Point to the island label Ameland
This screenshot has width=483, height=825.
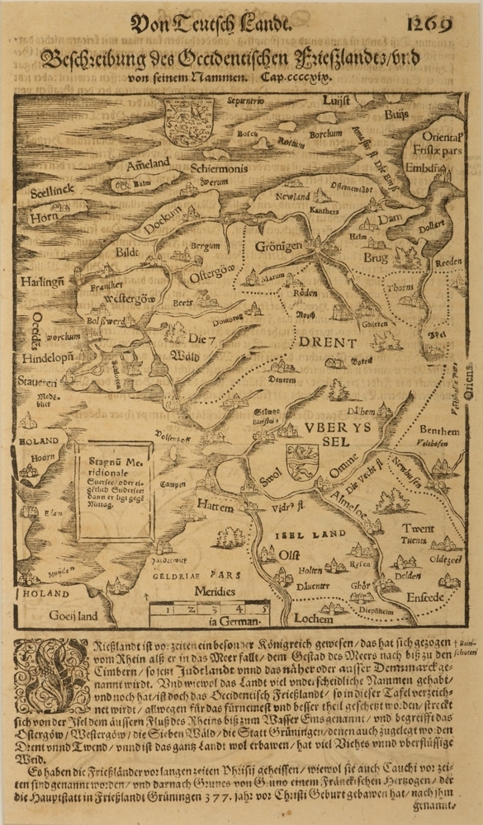coord(147,165)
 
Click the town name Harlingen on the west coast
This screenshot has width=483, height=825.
coord(43,282)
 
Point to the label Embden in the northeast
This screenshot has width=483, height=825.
coord(426,167)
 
